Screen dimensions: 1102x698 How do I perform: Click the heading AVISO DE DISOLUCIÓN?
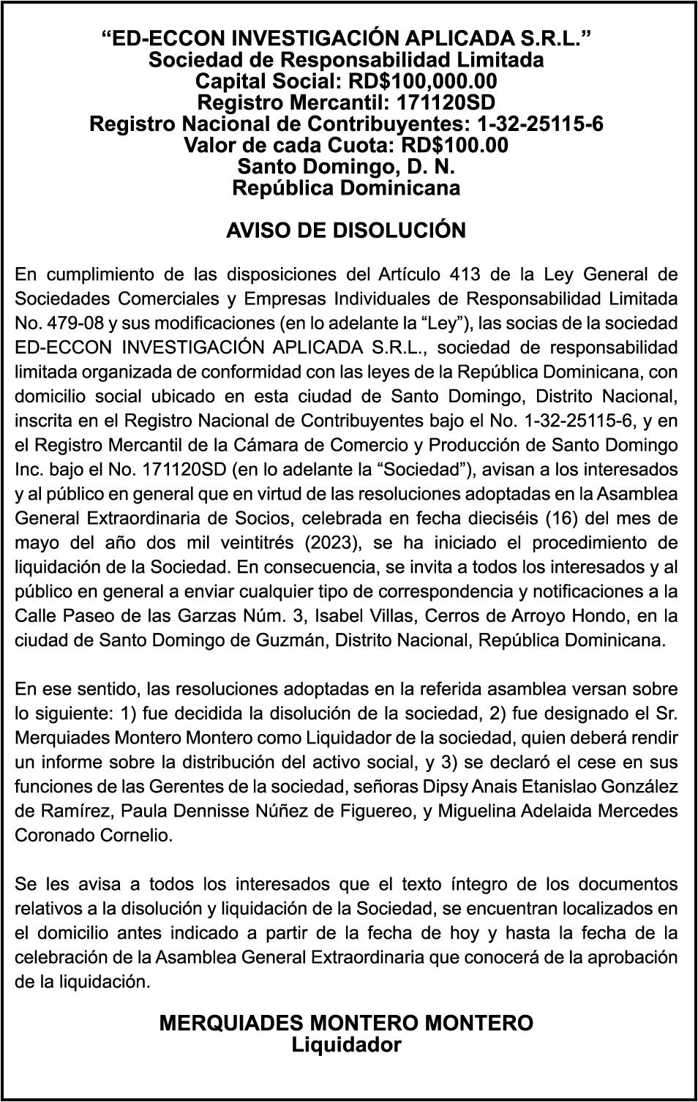(x=346, y=230)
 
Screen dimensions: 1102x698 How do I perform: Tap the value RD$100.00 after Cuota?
(x=452, y=145)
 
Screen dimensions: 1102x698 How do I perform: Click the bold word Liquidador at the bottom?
(x=346, y=1045)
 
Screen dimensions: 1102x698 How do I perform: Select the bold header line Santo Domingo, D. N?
(x=346, y=166)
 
